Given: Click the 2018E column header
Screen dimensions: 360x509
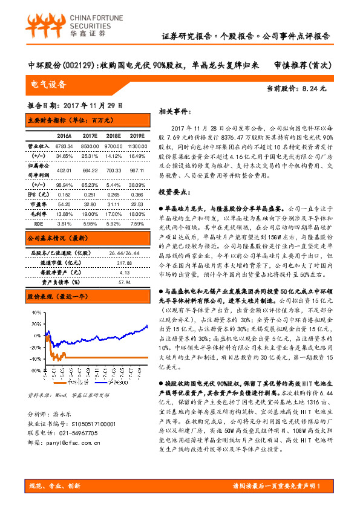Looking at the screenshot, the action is click(x=113, y=136).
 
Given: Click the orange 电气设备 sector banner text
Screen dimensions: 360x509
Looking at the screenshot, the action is click(x=48, y=83).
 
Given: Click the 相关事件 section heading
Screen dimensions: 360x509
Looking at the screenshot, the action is click(x=175, y=112).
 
